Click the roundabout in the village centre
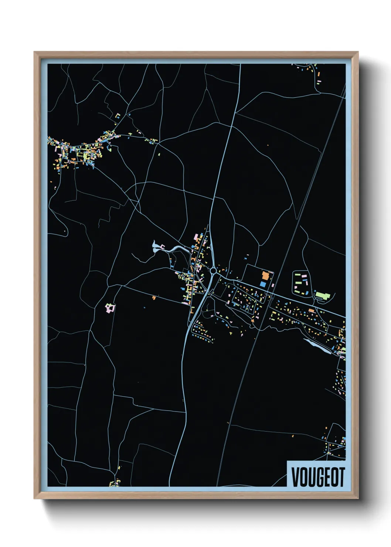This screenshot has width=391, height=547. (213, 271)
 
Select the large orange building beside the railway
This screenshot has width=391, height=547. (265, 276)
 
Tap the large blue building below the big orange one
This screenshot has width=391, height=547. (263, 284)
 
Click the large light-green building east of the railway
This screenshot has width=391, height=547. (322, 295)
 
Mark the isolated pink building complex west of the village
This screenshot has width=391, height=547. (110, 308)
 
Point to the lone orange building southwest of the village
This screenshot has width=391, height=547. (154, 297)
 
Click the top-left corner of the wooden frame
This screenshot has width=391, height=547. (35, 52)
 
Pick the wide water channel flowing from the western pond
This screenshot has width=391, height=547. (176, 249)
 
